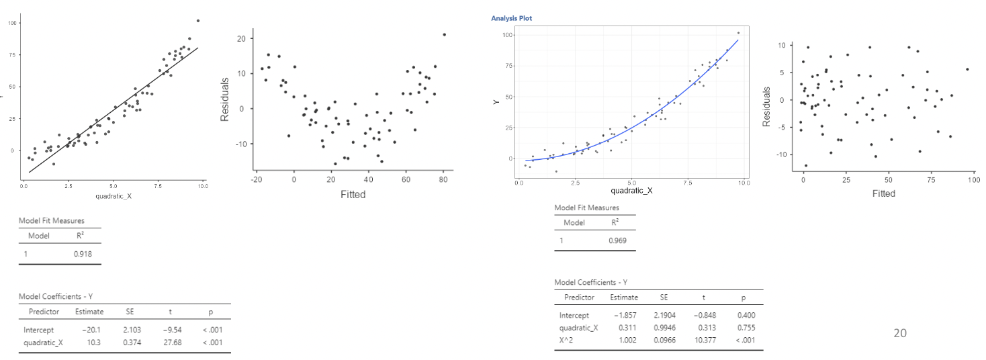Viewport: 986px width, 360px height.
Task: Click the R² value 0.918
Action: click(x=83, y=254)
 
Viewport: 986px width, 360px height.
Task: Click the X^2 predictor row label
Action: click(x=568, y=341)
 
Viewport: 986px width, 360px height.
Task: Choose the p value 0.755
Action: click(x=746, y=328)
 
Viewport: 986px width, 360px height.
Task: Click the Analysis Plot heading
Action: click(x=511, y=18)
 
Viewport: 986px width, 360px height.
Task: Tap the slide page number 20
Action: click(x=900, y=332)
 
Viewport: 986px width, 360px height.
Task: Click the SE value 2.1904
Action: click(x=664, y=315)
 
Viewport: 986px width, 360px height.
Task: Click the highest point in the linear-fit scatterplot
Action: click(x=197, y=21)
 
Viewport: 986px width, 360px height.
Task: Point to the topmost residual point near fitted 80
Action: click(x=444, y=34)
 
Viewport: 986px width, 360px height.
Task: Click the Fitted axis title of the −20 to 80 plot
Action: click(x=353, y=195)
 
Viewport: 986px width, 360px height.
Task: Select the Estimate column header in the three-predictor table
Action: click(x=623, y=297)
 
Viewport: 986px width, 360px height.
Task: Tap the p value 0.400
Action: click(x=746, y=315)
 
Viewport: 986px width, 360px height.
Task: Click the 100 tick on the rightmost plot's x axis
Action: click(x=971, y=181)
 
